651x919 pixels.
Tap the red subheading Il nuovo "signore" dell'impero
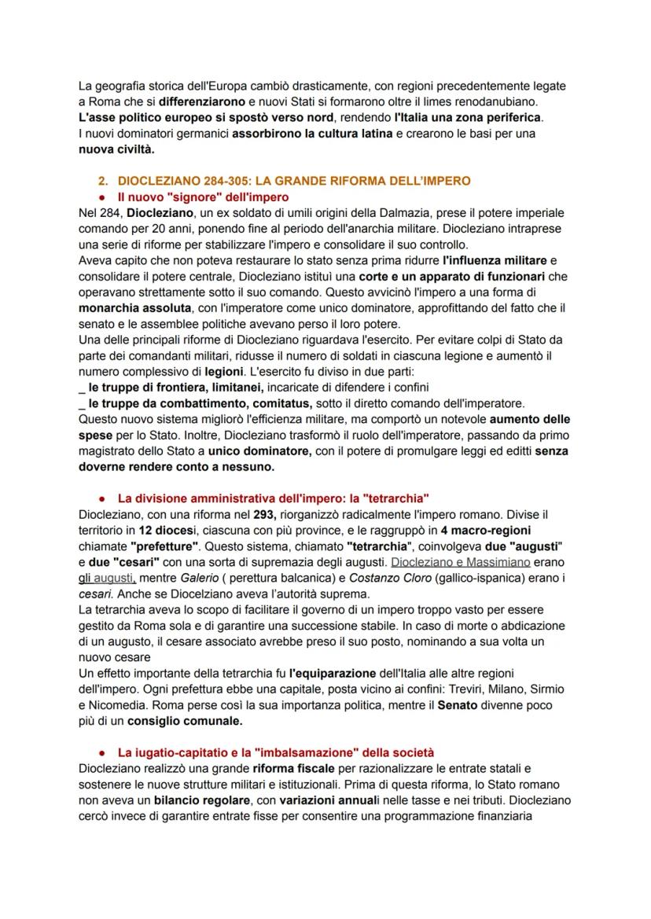point(203,197)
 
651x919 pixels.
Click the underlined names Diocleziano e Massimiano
point(460,562)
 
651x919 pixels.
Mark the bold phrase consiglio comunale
point(185,720)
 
